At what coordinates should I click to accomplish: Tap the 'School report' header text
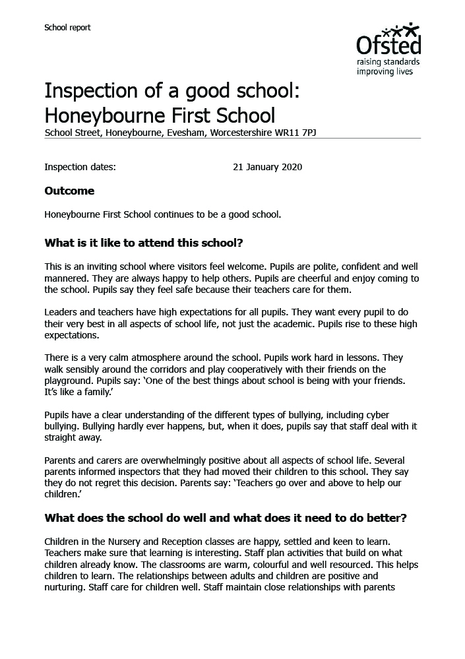pos(67,28)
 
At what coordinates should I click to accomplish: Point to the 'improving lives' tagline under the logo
pos(385,71)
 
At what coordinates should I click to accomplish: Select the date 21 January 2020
pos(267,167)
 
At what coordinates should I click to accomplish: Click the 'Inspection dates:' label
pos(80,167)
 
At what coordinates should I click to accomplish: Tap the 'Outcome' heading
pos(69,191)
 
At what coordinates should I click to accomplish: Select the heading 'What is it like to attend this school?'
pos(144,243)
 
